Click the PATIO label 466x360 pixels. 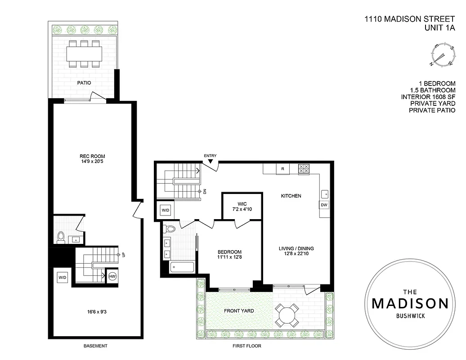84,83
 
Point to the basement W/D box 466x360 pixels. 62,278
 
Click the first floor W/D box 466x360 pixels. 165,210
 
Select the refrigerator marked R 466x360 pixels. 282,169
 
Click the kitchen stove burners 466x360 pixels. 304,169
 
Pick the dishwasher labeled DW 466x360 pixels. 324,205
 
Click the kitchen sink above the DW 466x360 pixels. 325,194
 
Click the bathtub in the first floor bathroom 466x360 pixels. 182,267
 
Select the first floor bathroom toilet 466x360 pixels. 170,229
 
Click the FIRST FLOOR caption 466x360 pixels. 246,346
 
